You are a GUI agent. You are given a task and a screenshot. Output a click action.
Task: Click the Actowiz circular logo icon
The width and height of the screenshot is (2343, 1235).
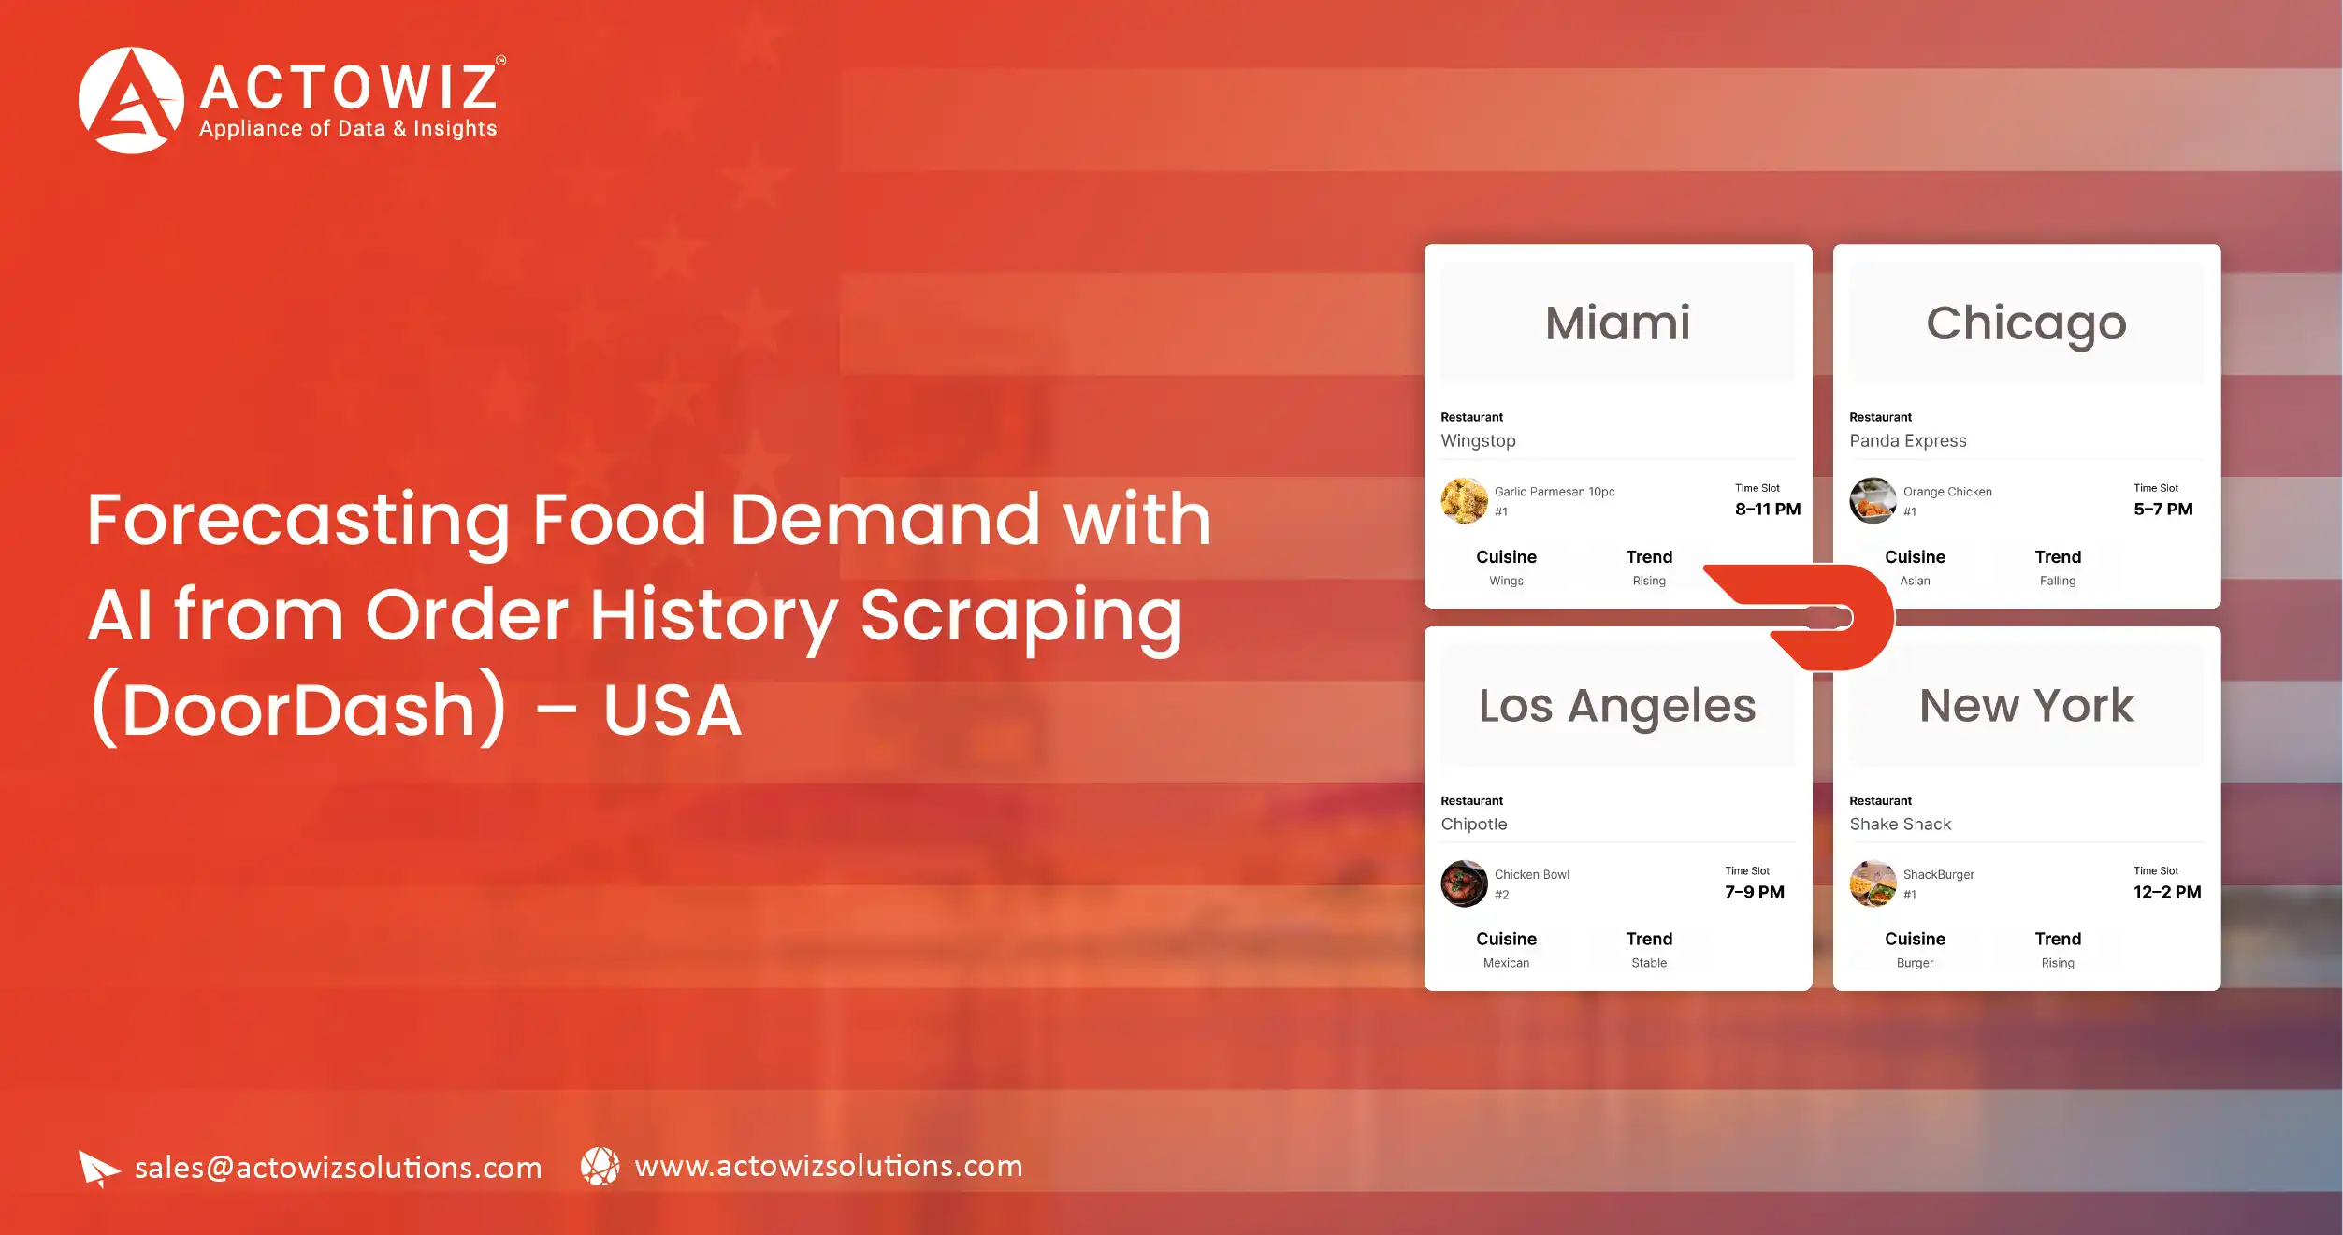131,100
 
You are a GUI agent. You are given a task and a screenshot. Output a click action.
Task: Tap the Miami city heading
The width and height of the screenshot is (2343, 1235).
1617,323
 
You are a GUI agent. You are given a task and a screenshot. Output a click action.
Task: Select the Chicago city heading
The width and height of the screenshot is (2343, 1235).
2026,323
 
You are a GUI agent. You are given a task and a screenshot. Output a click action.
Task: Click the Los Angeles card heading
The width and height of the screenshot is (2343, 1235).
1617,706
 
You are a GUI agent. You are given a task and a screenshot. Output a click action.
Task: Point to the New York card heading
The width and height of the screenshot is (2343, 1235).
2026,706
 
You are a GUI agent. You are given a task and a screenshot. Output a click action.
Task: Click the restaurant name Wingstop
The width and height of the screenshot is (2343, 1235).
1478,440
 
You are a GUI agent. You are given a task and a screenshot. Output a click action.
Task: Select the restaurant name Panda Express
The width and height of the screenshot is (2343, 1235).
1907,440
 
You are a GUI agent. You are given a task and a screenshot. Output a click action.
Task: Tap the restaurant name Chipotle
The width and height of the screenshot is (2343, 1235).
1473,824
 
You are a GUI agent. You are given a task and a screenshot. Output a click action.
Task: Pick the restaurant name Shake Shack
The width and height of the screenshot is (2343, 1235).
1900,824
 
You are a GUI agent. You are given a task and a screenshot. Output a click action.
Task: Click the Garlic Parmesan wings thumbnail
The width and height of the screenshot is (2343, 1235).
1464,501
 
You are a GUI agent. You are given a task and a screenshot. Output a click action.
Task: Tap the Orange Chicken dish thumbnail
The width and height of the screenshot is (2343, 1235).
1873,501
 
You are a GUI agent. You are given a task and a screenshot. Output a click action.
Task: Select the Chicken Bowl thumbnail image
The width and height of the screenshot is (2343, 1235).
1464,883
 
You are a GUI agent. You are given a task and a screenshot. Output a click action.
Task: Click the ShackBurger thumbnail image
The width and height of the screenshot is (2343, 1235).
1873,883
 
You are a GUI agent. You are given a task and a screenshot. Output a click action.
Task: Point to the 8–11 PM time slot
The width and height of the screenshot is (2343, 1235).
1767,509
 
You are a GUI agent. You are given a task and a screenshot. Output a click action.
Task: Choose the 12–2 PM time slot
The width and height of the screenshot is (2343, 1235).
2166,892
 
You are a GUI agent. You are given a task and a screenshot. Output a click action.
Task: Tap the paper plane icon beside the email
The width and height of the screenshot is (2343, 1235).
98,1168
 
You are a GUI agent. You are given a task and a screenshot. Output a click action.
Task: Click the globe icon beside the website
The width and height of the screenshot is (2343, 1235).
600,1167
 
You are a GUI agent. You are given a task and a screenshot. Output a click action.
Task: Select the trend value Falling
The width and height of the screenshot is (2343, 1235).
2057,581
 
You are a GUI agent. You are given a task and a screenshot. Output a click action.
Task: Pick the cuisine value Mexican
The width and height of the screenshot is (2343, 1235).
1506,963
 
